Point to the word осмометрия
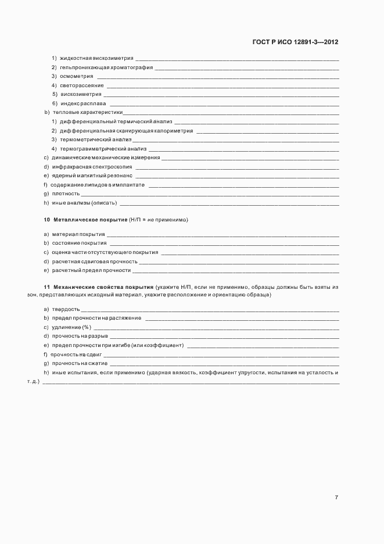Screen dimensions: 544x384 [x=77, y=76]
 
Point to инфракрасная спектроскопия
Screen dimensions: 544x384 [x=92, y=167]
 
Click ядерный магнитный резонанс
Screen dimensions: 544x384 [x=92, y=176]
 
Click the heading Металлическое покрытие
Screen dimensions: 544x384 [x=90, y=220]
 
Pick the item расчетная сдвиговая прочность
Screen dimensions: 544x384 [x=95, y=262]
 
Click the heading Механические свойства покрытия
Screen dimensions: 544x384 [x=103, y=287]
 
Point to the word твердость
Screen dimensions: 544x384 [x=66, y=309]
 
